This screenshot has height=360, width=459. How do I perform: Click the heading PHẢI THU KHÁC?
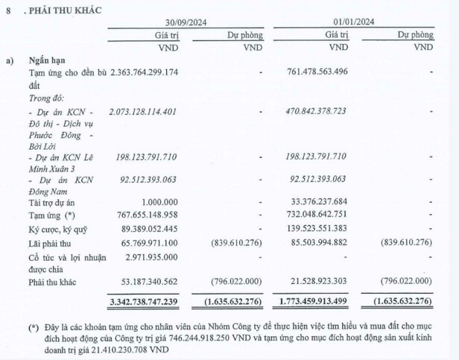pos(64,10)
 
